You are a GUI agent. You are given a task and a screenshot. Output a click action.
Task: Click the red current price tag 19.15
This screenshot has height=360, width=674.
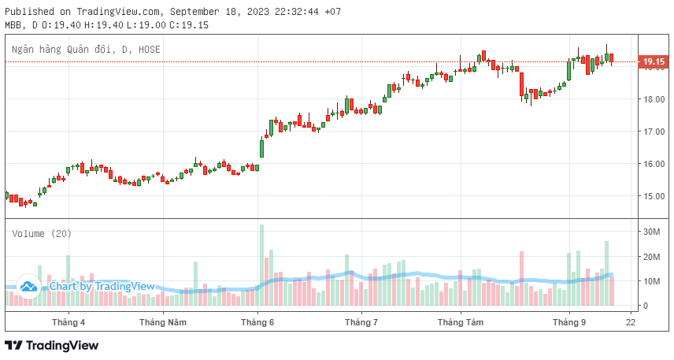654,61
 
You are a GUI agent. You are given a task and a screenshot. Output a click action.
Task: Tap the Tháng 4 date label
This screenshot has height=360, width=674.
69,321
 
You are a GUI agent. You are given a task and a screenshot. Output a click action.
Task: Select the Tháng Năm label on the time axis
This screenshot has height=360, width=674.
163,321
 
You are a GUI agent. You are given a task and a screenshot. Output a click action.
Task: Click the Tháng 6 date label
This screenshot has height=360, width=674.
257,321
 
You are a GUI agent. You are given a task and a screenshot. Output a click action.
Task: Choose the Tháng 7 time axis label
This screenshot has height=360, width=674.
361,321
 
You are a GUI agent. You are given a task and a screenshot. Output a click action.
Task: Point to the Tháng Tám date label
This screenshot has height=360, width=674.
461,321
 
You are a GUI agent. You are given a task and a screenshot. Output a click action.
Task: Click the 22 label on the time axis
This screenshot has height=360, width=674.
631,321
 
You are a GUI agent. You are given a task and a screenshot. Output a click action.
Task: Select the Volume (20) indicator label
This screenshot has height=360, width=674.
41,233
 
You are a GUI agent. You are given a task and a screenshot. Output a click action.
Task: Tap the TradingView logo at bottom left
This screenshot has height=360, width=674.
52,345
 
